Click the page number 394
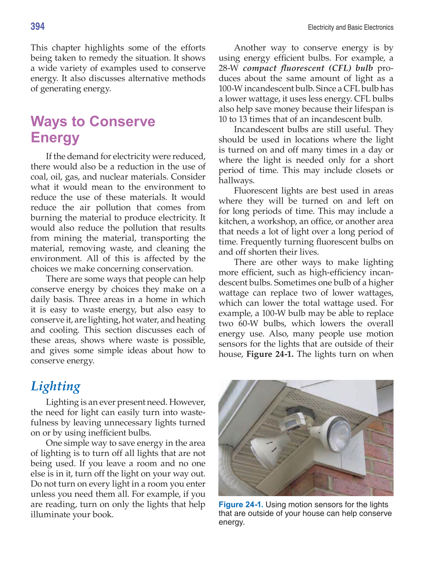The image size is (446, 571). click(x=38, y=27)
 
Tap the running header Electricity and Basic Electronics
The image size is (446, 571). click(x=350, y=27)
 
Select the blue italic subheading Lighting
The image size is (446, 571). click(x=56, y=386)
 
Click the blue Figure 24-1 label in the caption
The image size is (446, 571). click(x=241, y=505)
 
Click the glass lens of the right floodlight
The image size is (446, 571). click(x=340, y=431)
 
